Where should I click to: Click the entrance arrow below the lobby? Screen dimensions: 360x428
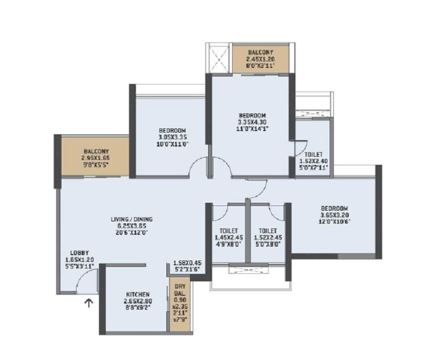pyautogui.click(x=89, y=304)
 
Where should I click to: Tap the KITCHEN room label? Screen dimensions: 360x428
pyautogui.click(x=137, y=295)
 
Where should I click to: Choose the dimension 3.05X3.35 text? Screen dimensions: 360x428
pyautogui.click(x=172, y=137)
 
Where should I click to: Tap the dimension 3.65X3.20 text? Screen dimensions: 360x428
pyautogui.click(x=335, y=215)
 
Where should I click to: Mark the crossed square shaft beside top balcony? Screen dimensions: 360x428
pyautogui.click(x=219, y=59)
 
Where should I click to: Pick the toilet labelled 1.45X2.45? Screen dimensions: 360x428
pyautogui.click(x=225, y=237)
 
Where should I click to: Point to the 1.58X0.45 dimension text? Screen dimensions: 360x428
pyautogui.click(x=187, y=263)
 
